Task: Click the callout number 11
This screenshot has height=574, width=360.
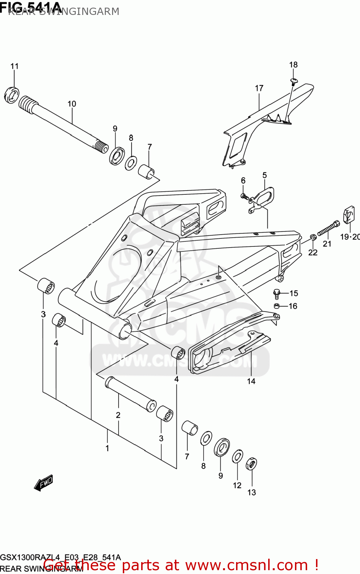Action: coord(14,66)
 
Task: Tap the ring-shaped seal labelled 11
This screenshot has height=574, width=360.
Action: coord(11,95)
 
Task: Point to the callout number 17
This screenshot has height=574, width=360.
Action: coord(259,88)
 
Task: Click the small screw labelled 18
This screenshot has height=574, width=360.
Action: coord(294,81)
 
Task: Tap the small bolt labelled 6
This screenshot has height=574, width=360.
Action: coord(244,196)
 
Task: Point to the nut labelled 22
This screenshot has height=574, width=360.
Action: coord(313,238)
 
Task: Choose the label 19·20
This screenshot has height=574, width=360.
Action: coord(350,237)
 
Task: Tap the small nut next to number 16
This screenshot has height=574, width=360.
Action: coord(277,306)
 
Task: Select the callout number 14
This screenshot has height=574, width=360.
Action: coord(251,381)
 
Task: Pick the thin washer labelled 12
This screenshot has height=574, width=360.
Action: coord(237,457)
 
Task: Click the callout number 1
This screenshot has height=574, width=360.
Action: coord(107,448)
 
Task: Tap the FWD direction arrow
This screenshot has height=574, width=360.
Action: coord(43,483)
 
